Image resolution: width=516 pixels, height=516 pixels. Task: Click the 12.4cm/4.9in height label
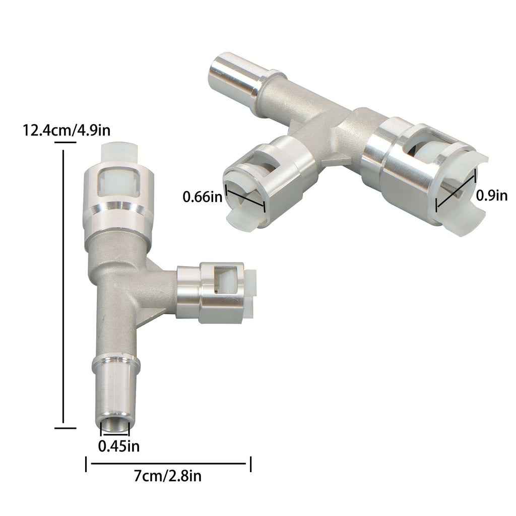tap(66, 131)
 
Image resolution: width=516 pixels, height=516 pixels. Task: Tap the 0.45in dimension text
tap(119, 446)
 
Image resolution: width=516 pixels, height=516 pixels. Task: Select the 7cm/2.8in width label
tap(167, 476)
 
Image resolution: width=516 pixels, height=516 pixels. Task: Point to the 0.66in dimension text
tap(203, 197)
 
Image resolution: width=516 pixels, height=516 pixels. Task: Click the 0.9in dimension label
tap(492, 196)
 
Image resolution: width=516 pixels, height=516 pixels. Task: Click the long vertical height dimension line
tap(63, 286)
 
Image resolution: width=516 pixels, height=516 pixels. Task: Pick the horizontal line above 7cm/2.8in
tap(168, 464)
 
